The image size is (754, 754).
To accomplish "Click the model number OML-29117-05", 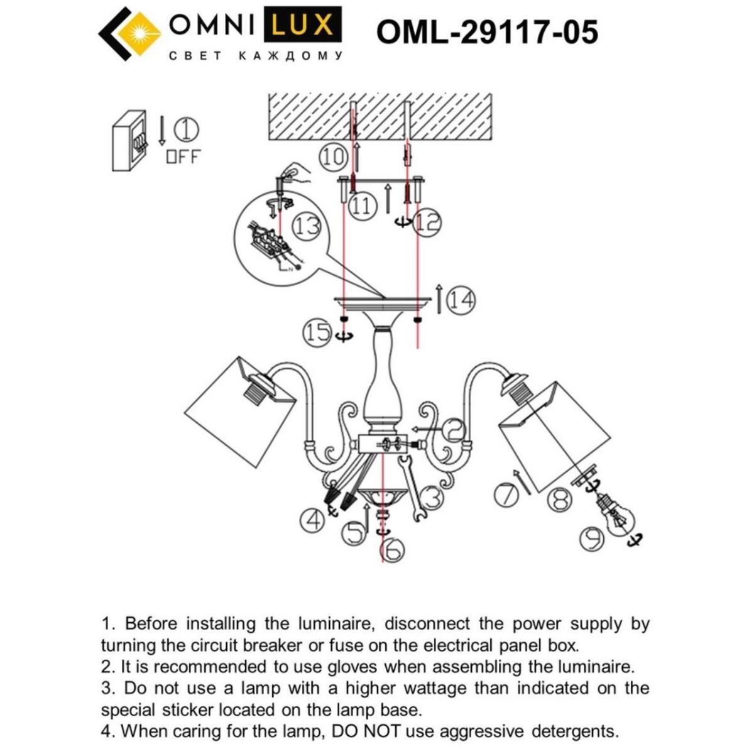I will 486,32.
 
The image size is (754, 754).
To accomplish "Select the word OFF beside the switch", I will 183,157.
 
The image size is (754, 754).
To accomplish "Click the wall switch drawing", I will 130,141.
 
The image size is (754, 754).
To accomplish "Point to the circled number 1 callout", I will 187,130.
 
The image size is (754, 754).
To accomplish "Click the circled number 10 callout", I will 334,156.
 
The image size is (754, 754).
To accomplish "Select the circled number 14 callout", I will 461,301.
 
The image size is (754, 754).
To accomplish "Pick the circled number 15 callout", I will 318,332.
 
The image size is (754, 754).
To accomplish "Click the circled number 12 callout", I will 428,223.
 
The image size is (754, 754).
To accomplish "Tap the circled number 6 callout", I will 393,551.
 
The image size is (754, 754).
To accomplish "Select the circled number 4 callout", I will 312,520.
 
